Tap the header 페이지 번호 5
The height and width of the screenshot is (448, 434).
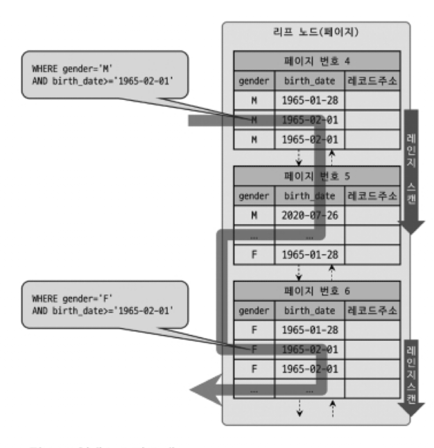(316, 176)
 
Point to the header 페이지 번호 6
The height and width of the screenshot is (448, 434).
(316, 291)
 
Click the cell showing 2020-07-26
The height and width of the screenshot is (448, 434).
(309, 215)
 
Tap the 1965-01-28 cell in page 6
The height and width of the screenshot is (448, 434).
(309, 329)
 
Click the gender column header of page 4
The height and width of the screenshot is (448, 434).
(254, 81)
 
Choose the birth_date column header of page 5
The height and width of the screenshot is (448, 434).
(309, 196)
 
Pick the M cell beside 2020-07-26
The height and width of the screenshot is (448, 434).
(254, 215)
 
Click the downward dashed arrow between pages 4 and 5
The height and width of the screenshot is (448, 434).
(298, 155)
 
